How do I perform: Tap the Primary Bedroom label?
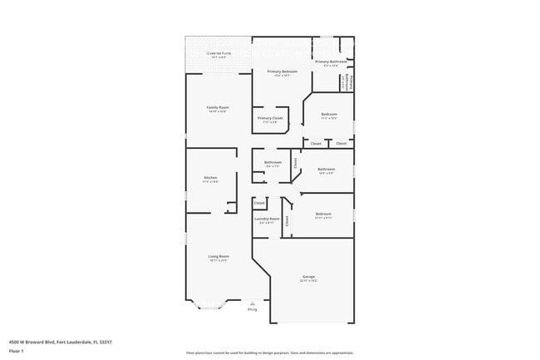[282, 72]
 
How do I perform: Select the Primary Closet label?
[270, 119]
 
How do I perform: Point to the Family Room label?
[218, 107]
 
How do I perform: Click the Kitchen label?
[211, 178]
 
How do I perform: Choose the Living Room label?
[218, 256]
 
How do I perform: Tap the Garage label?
[308, 276]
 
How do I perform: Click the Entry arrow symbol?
[252, 304]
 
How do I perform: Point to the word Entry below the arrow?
[252, 310]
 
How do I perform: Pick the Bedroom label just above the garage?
[323, 214]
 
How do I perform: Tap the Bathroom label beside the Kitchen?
[272, 162]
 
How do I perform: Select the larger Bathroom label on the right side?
[326, 170]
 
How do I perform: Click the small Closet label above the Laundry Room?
[259, 203]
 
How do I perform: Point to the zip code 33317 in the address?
[106, 341]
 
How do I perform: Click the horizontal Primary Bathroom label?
[331, 62]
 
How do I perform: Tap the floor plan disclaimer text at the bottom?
[269, 353]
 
